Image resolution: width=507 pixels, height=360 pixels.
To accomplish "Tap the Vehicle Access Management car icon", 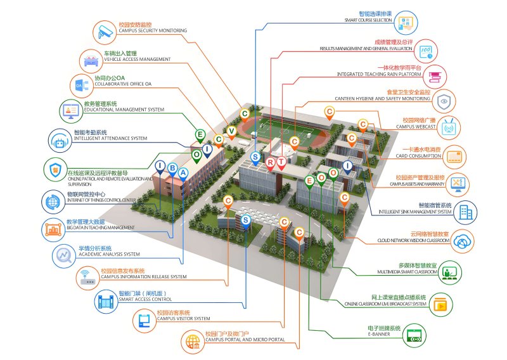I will pyautogui.click(x=91, y=60).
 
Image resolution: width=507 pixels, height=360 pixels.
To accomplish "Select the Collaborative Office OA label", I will pyautogui.click(x=123, y=84).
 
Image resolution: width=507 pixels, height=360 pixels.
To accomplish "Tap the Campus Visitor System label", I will pyautogui.click(x=183, y=318).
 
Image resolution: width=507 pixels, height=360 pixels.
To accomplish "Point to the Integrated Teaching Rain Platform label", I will pyautogui.click(x=379, y=74).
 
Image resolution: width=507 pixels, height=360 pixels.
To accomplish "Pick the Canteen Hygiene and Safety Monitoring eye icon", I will pyautogui.click(x=445, y=100).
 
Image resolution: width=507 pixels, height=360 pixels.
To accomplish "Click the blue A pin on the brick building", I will pyautogui.click(x=183, y=172).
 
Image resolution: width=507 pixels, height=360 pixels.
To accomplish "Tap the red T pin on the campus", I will pyautogui.click(x=281, y=162).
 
